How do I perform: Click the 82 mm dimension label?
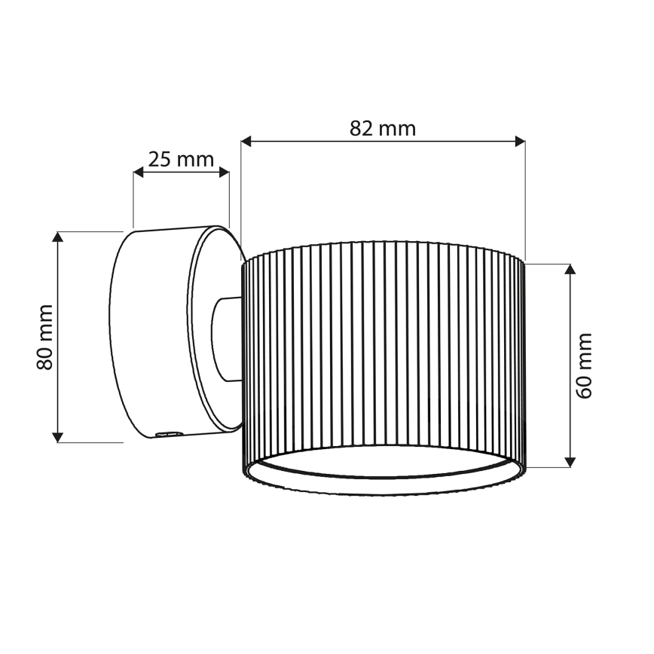(x=383, y=128)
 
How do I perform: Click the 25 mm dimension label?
(x=181, y=160)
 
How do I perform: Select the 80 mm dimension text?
(x=45, y=337)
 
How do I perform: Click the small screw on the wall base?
(x=168, y=433)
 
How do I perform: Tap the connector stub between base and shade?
(x=226, y=339)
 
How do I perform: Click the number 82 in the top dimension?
(x=362, y=128)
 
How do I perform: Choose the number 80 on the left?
(x=45, y=357)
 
